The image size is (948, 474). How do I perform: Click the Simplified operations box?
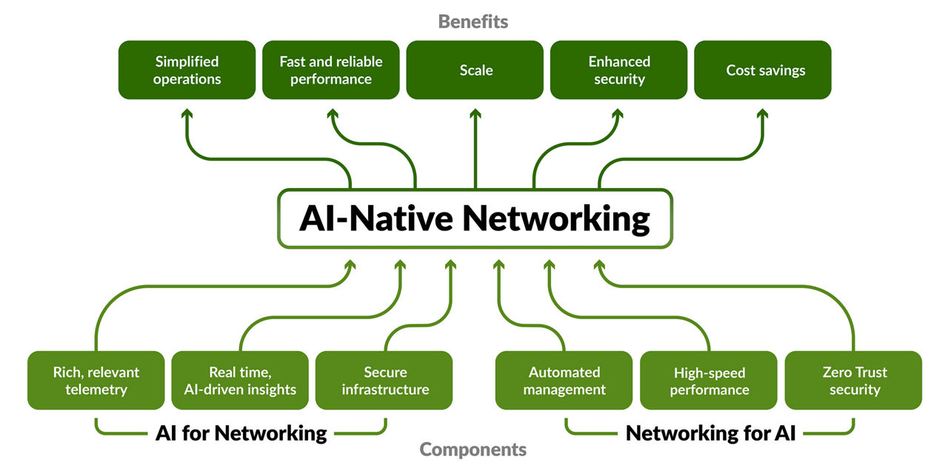[187, 70]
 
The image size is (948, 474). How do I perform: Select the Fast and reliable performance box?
[330, 70]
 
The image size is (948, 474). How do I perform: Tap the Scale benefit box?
[475, 70]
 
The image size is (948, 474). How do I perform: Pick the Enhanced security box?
[619, 70]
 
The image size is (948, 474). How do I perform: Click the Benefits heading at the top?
[473, 21]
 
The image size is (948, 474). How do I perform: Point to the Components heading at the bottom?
[473, 449]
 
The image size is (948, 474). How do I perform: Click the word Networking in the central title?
[556, 219]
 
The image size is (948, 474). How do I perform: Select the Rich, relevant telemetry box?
[96, 381]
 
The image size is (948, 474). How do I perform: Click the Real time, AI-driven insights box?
[240, 381]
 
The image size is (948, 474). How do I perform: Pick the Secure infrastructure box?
[384, 381]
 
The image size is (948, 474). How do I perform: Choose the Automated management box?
[564, 381]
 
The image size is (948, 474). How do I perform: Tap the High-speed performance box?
[709, 381]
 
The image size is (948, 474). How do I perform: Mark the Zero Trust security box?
[853, 381]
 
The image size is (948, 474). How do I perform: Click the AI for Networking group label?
[241, 433]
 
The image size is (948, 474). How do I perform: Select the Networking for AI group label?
[710, 433]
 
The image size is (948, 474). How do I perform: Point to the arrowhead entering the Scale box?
[475, 113]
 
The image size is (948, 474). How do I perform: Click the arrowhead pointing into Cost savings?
[763, 113]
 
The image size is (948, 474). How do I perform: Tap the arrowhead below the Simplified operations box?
[187, 113]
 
